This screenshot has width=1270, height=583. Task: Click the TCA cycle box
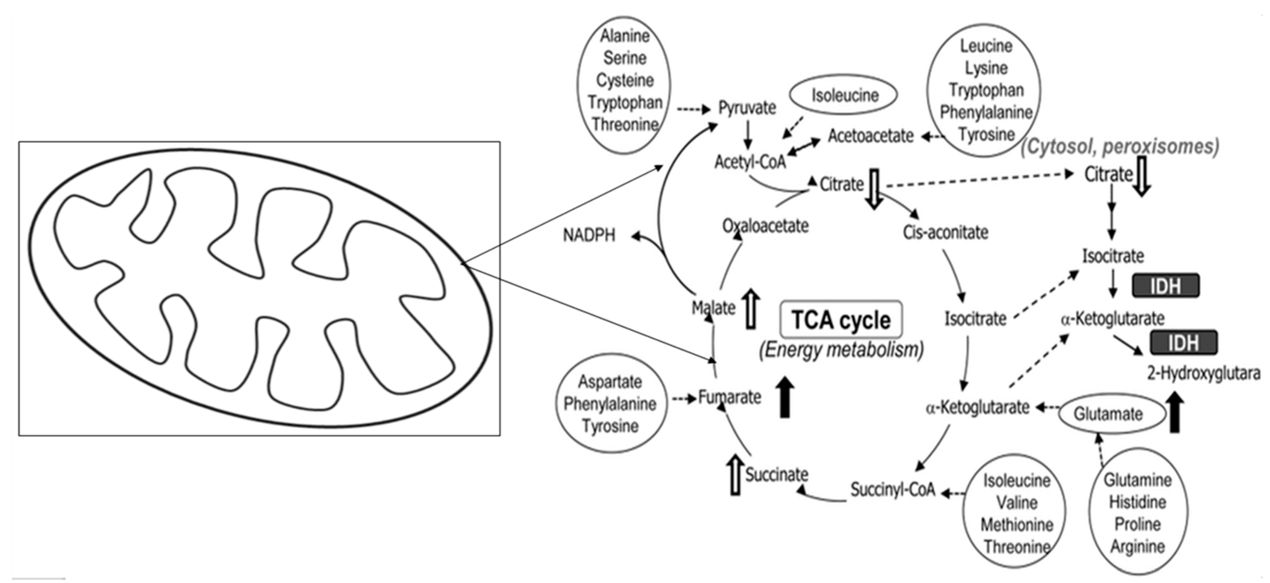point(841,320)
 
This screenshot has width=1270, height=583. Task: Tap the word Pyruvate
point(747,107)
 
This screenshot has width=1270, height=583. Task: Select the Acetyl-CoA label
point(750,162)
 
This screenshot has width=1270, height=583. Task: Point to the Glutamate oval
point(1108,414)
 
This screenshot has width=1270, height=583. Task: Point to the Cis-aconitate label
point(945,232)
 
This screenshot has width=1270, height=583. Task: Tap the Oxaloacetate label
point(765,226)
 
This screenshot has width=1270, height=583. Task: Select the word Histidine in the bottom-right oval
point(1137,502)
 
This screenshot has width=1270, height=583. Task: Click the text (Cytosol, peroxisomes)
point(1119,146)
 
